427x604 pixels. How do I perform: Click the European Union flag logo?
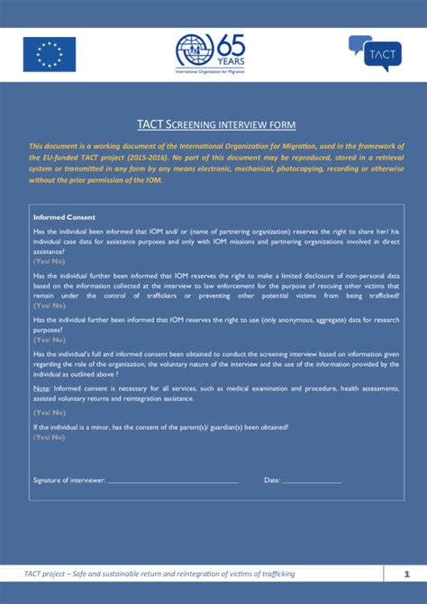pos(50,54)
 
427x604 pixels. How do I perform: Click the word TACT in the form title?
pos(150,124)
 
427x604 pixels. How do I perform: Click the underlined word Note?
pos(41,388)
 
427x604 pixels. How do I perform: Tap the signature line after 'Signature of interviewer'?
pos(173,480)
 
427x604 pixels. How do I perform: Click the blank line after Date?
pos(312,480)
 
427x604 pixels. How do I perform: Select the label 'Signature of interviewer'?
pos(69,480)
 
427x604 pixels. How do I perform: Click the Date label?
pos(272,480)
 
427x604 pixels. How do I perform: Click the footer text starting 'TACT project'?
pos(159,573)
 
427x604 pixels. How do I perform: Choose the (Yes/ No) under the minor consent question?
pos(49,436)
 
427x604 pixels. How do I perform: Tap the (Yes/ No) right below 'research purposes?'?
pos(49,340)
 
